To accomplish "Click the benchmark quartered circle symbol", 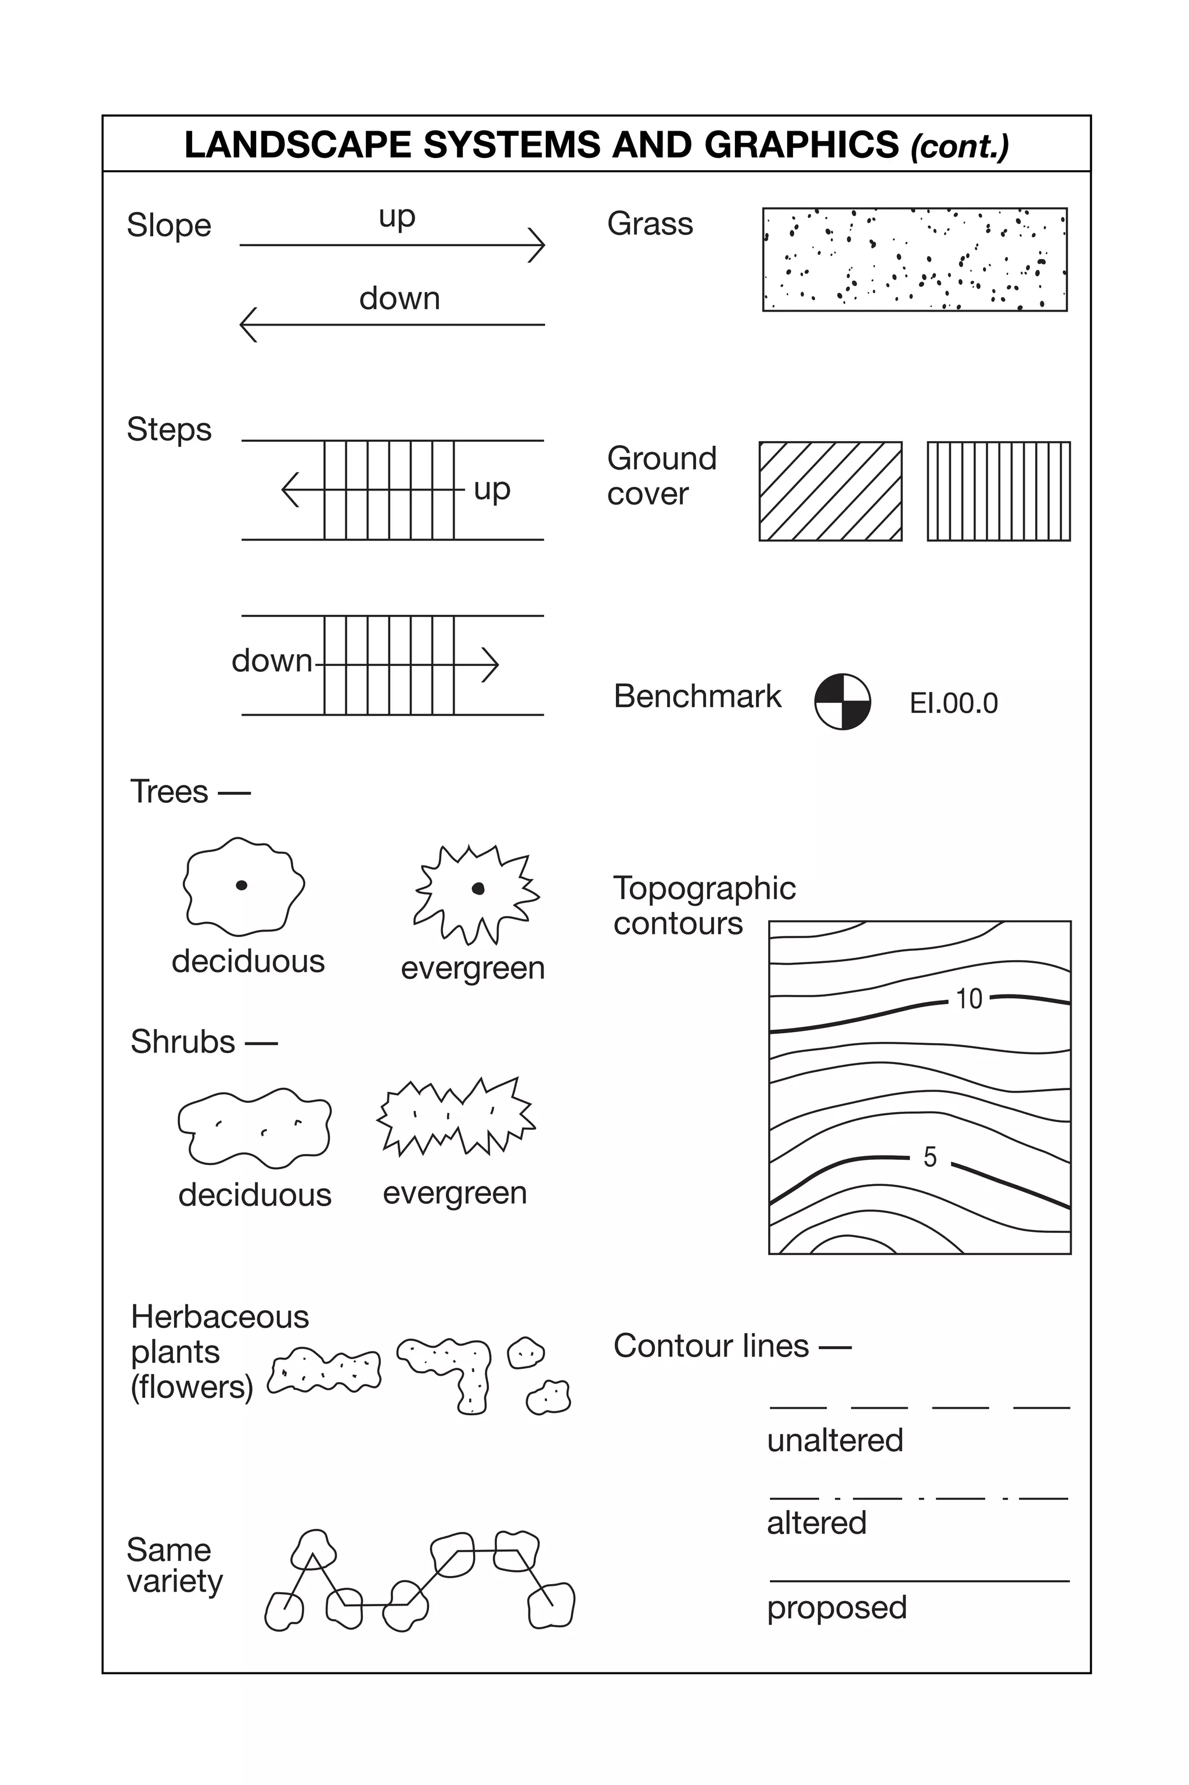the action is [x=842, y=701].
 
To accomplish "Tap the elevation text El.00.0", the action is [x=953, y=704].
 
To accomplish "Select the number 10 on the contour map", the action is [x=969, y=999].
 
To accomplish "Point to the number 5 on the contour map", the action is [x=929, y=1157].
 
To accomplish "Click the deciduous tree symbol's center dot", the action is [x=241, y=885].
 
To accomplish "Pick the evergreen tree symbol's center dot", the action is [x=478, y=888].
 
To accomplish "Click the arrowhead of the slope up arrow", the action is [x=538, y=245].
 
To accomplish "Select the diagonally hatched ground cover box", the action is [x=830, y=491].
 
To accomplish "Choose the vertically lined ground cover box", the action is [x=999, y=491].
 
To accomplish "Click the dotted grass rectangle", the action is [x=914, y=259].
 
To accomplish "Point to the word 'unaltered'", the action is [x=835, y=1440].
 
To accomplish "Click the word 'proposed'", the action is [x=837, y=1607].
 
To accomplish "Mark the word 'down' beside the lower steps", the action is [x=272, y=660].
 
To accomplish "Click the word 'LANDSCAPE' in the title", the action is [x=297, y=144].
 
